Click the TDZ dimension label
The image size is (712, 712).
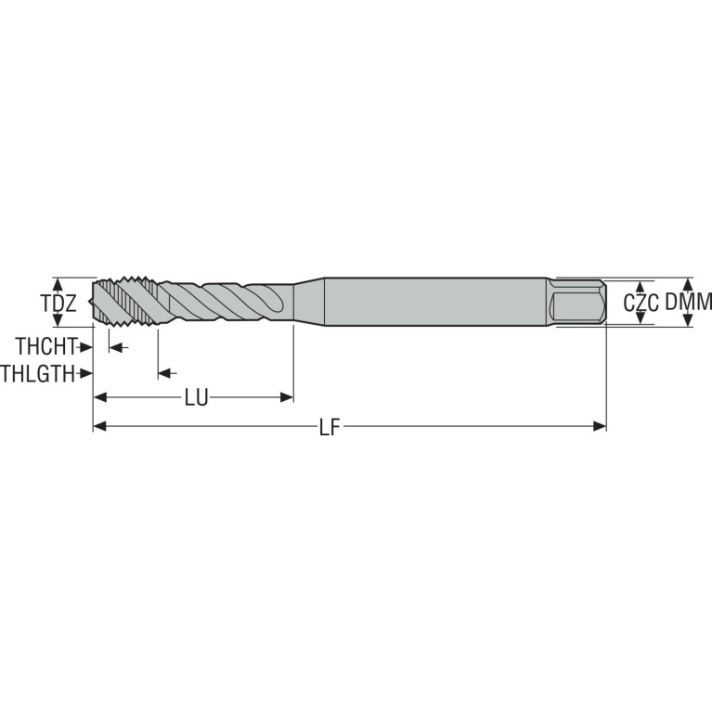pos(58,304)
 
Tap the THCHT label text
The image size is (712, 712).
pos(45,346)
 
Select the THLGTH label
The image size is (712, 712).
pos(37,374)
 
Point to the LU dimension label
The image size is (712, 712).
pos(196,398)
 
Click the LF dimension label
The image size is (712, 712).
pos(330,427)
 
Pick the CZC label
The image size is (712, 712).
pos(641,303)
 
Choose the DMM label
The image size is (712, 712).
pos(689,302)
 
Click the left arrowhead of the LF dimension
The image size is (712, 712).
pos(100,426)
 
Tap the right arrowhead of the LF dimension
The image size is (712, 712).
pos(600,426)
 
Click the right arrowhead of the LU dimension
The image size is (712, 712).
pos(287,398)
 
